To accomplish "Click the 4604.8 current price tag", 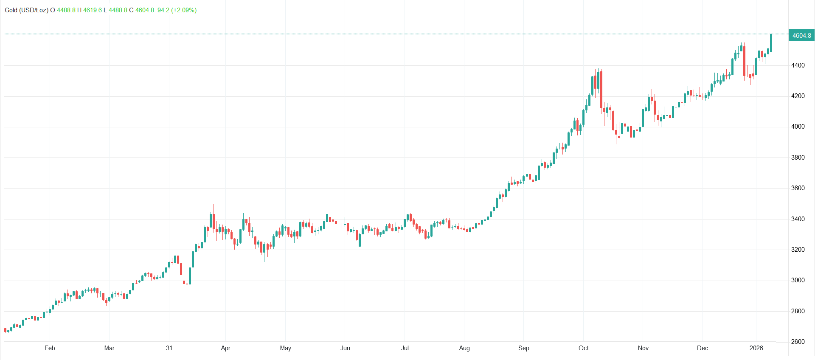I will click(x=801, y=36).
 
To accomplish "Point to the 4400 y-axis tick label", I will click(x=798, y=65).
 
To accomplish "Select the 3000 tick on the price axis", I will click(x=798, y=280).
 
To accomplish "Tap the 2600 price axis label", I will click(x=798, y=342).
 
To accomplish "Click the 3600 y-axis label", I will click(x=798, y=188).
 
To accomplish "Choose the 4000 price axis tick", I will click(x=798, y=127).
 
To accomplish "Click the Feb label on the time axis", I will click(x=50, y=348).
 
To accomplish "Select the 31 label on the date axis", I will click(x=169, y=348).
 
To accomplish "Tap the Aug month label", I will click(x=464, y=348).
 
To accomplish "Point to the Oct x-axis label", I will click(x=584, y=348).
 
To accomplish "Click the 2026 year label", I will click(x=756, y=348).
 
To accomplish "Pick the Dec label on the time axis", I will click(x=703, y=348).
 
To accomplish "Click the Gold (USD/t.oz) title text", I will click(x=26, y=10).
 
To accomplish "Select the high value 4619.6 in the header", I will click(x=93, y=10).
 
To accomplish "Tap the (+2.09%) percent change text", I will click(x=184, y=10).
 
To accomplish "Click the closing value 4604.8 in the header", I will click(x=145, y=10).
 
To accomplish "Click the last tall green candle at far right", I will click(x=771, y=43).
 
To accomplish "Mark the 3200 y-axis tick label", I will click(x=798, y=250).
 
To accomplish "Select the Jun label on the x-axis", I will click(x=345, y=348).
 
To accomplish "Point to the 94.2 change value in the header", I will click(x=163, y=10).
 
